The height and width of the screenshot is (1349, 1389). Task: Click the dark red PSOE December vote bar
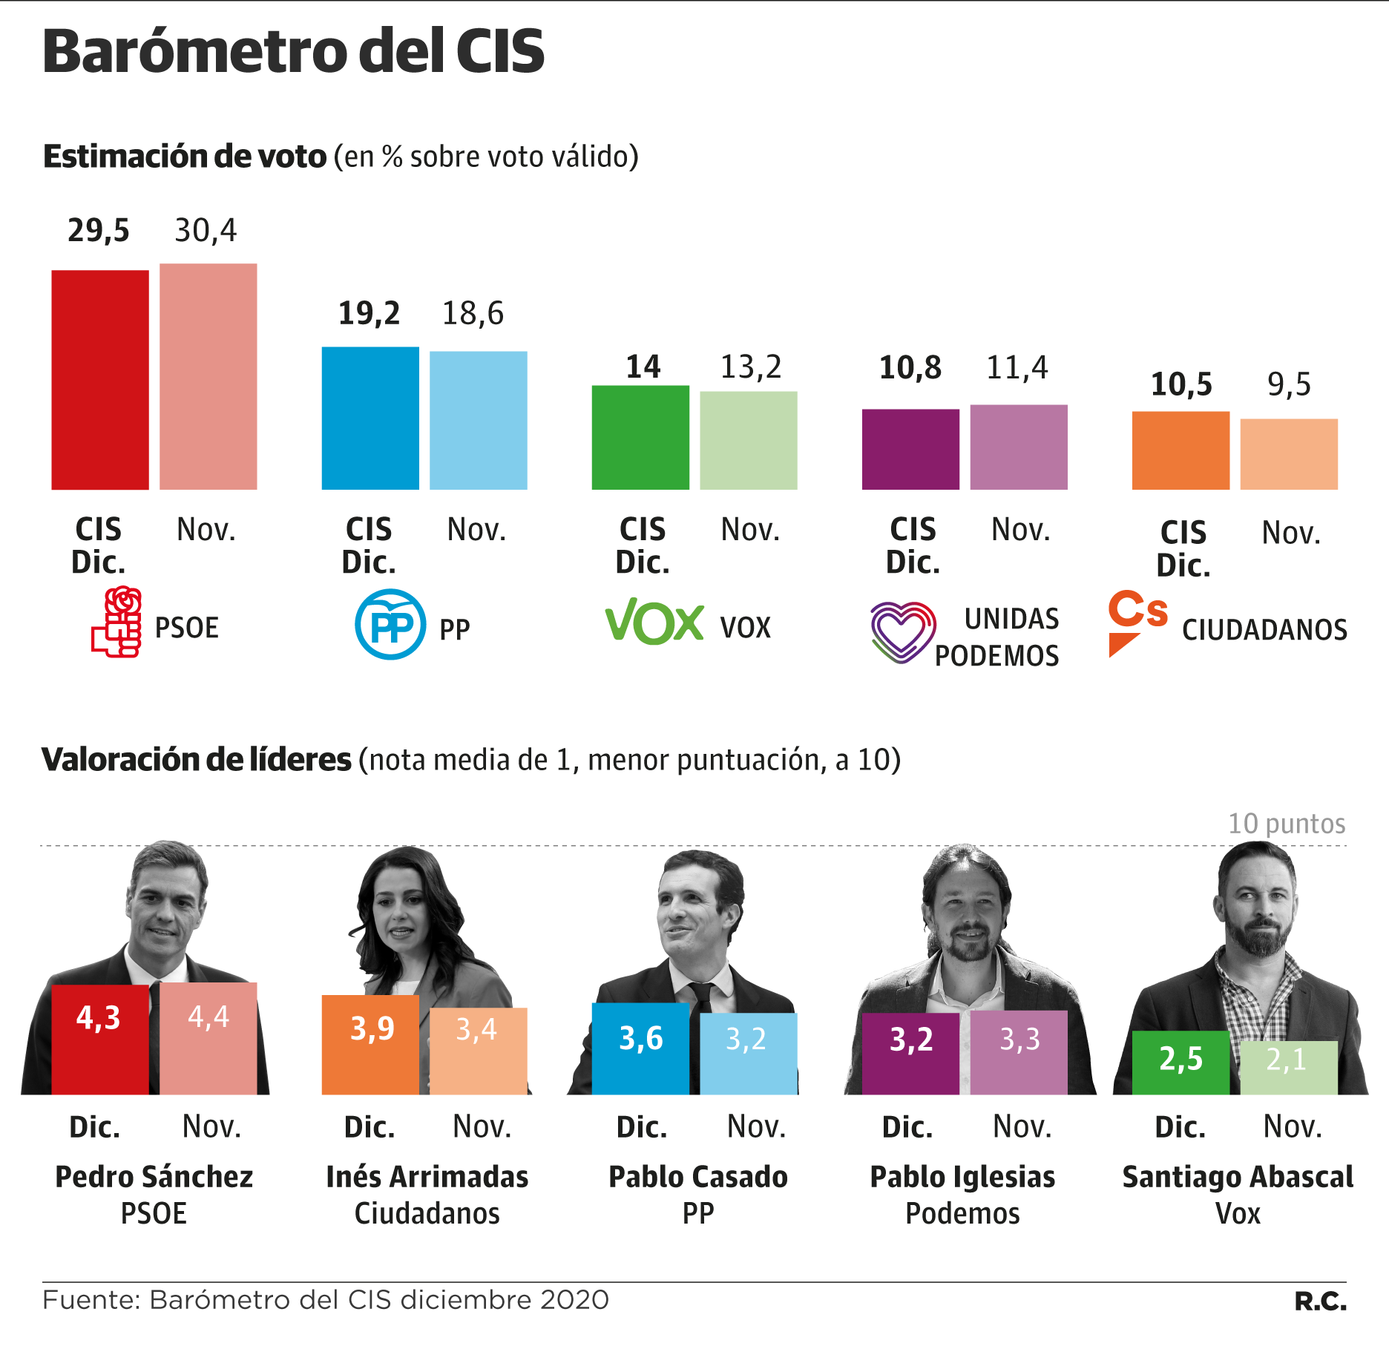[100, 380]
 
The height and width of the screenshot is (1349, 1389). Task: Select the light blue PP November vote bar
[479, 420]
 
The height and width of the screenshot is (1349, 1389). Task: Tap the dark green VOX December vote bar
[640, 437]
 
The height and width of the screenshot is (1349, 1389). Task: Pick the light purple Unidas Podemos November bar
[1019, 447]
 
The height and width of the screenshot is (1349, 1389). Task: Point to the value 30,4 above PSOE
[206, 231]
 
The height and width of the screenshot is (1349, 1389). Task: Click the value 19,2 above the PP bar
[369, 313]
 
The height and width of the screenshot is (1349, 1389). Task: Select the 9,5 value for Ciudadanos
[1289, 384]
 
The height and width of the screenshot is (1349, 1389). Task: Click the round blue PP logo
[390, 624]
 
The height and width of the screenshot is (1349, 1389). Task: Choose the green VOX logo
[654, 622]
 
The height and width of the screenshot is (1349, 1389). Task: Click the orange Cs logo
[1136, 620]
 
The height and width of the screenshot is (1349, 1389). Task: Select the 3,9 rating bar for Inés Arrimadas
[370, 1045]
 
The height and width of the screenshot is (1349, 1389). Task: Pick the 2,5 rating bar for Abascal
[1181, 1063]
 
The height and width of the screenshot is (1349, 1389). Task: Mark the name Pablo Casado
[698, 1177]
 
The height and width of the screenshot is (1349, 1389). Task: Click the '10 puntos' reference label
[1287, 824]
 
